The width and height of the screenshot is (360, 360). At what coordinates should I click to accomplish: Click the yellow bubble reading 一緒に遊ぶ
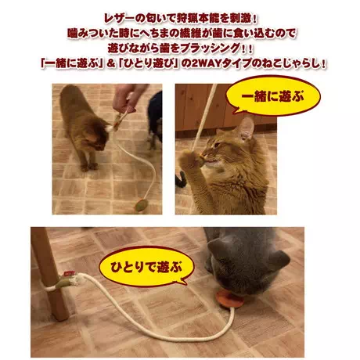pyautogui.click(x=273, y=96)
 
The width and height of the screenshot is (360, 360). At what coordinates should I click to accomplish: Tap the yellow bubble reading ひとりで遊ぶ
pyautogui.click(x=146, y=267)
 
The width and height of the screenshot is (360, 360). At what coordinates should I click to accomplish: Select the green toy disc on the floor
pyautogui.click(x=141, y=205)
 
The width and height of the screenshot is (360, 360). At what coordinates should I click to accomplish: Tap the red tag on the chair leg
pyautogui.click(x=69, y=273)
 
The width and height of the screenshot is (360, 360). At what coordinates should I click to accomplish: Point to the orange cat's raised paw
pyautogui.click(x=193, y=160)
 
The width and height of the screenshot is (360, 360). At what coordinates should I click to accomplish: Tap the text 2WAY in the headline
pyautogui.click(x=206, y=63)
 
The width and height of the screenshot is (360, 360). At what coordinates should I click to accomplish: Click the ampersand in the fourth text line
pyautogui.click(x=111, y=64)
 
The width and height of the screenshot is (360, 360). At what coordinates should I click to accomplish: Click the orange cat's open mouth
pyautogui.click(x=211, y=164)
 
